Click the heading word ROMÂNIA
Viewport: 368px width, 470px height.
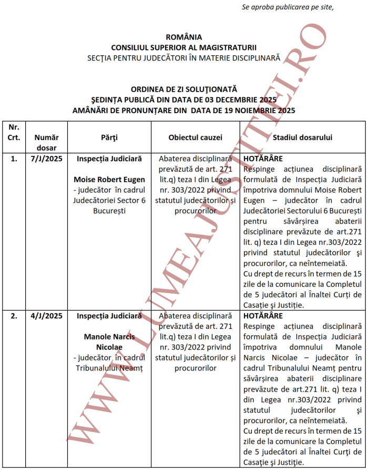(183, 37)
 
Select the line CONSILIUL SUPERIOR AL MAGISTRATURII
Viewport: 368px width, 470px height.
(183, 47)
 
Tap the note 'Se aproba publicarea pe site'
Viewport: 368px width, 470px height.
(288, 7)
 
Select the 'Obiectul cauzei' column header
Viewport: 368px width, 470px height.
(195, 137)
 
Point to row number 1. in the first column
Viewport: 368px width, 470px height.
(14, 158)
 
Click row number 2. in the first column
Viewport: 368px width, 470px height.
(14, 316)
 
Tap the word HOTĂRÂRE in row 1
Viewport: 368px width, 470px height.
(263, 158)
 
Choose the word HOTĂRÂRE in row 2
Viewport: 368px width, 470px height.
(263, 316)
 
